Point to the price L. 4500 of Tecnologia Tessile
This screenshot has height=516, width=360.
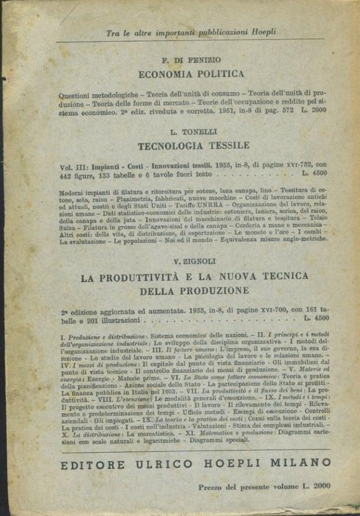(316, 173)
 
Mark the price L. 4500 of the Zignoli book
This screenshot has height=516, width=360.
(316, 318)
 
